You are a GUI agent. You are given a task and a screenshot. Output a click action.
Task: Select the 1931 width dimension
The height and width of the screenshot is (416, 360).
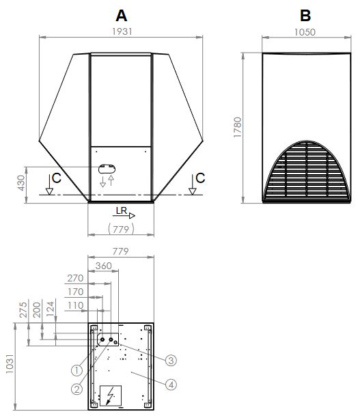(122, 31)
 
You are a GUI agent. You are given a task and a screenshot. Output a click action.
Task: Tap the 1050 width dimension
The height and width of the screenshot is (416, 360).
(305, 31)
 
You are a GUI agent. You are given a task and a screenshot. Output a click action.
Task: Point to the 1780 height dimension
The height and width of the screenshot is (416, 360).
(237, 128)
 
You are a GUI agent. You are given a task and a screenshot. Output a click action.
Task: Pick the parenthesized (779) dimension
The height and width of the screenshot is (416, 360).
(121, 227)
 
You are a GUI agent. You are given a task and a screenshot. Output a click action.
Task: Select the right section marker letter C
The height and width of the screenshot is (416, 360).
(199, 178)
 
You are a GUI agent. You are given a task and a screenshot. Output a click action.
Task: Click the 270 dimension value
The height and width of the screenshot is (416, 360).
(75, 278)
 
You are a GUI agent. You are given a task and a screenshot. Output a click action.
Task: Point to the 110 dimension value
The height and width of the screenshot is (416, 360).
(75, 305)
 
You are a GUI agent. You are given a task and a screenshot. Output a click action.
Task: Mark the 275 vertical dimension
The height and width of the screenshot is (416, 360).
(23, 309)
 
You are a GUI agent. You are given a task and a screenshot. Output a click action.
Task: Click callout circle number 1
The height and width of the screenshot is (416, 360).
(77, 370)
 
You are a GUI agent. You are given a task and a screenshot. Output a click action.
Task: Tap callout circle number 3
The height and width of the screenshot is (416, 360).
(171, 360)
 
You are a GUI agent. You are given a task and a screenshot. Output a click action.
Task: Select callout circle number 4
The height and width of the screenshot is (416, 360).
(171, 384)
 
